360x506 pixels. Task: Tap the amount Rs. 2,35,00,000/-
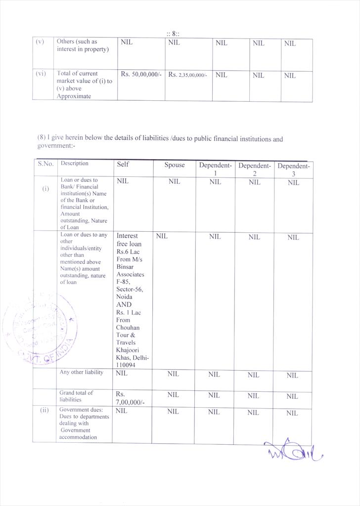coord(187,75)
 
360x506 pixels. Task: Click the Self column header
coord(123,165)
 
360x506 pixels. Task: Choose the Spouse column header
coord(175,165)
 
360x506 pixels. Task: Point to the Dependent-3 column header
coord(293,169)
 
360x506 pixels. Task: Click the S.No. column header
coord(45,164)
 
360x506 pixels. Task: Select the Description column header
coord(74,164)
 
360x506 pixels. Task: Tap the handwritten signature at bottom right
coord(293,450)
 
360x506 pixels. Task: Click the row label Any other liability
coord(82,372)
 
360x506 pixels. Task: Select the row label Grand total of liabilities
coord(76,396)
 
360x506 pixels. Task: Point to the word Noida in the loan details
coord(124,297)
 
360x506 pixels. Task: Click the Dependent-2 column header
coord(254,169)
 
